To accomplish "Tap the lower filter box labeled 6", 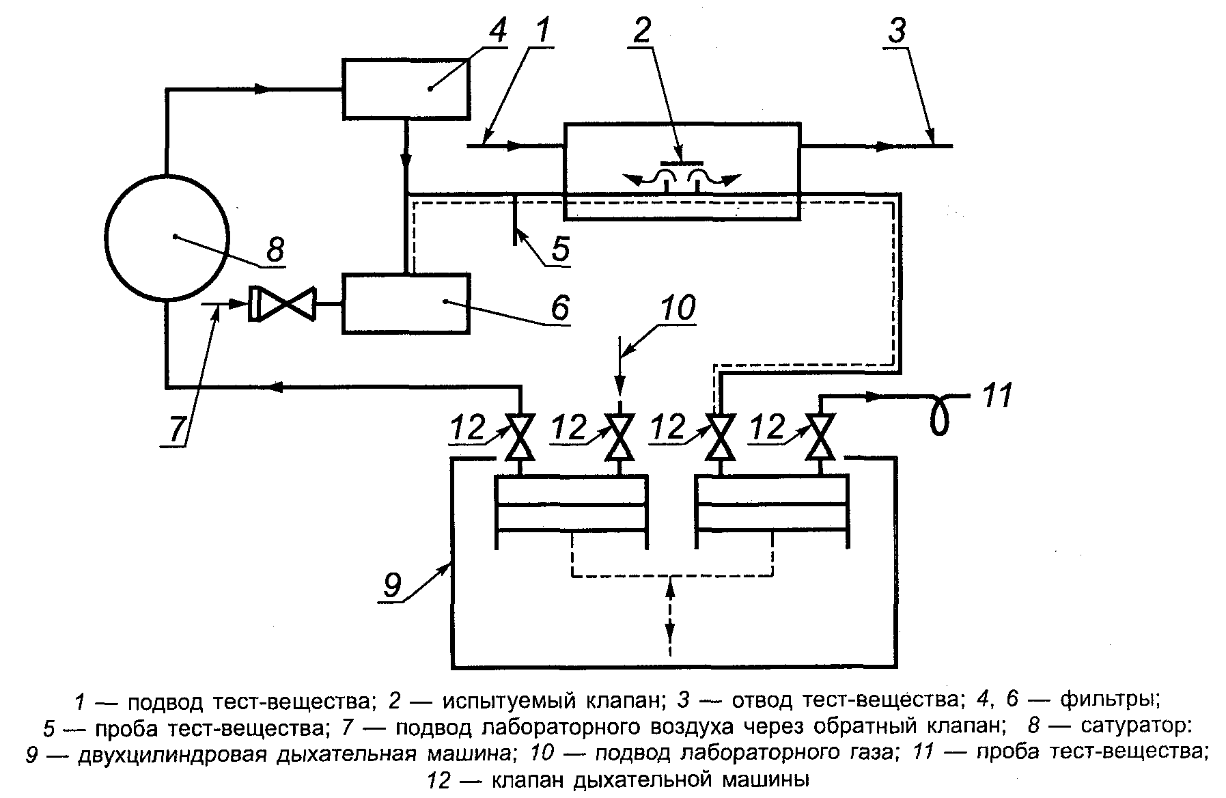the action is click(x=406, y=303).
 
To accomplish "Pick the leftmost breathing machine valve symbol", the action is click(x=520, y=437).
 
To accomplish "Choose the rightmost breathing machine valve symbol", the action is click(x=820, y=437).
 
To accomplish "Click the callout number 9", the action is click(x=391, y=586).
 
